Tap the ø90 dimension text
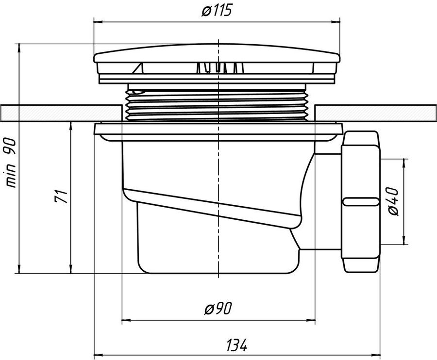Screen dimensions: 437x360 click(218, 309)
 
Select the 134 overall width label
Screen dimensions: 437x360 click(236, 345)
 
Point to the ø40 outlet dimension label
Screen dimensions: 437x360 click(393, 201)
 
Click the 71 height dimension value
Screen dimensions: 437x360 click(61, 196)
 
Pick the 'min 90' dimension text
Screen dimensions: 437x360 click(11, 163)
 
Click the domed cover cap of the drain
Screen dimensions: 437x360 click(217, 53)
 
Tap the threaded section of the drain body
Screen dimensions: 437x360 click(217, 103)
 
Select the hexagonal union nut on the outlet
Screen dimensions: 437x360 click(361, 201)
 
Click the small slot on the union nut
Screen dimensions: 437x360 click(361, 201)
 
